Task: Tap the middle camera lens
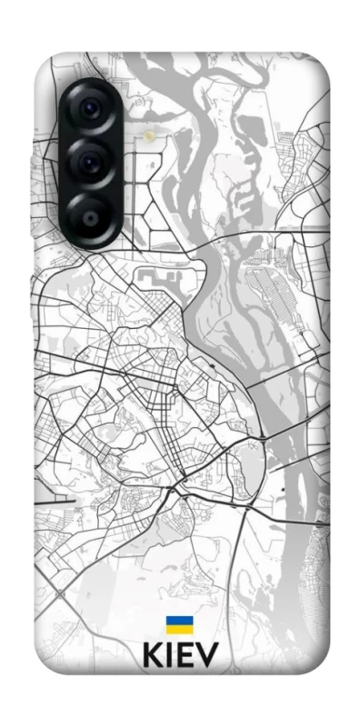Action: (93, 164)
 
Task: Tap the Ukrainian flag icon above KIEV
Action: (179, 624)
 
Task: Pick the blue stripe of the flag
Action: (179, 621)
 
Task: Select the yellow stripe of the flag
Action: (179, 629)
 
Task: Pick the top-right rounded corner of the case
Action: (323, 64)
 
